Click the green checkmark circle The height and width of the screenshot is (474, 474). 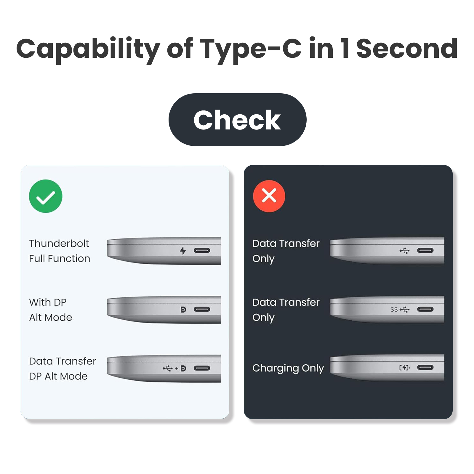(46, 196)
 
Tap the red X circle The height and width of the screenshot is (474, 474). (269, 196)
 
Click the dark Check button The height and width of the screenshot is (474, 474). (237, 120)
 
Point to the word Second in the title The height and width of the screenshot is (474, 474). (407, 48)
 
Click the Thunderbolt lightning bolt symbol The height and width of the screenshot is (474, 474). (183, 251)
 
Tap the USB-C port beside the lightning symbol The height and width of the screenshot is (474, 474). (202, 251)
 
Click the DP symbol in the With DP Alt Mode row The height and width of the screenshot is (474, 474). (183, 310)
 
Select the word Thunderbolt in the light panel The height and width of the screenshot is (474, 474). (59, 243)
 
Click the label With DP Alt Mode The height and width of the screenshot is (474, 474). (51, 310)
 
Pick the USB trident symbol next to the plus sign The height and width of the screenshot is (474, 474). (168, 368)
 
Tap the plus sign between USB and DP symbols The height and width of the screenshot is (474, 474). (177, 369)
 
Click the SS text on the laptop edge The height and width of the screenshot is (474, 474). (394, 310)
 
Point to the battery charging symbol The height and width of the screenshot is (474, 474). (404, 368)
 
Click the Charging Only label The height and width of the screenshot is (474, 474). (288, 368)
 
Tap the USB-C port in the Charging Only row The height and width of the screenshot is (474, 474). (425, 368)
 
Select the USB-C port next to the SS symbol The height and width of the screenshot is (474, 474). (425, 310)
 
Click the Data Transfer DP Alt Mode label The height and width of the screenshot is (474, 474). (63, 369)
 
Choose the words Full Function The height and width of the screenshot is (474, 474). (60, 258)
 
